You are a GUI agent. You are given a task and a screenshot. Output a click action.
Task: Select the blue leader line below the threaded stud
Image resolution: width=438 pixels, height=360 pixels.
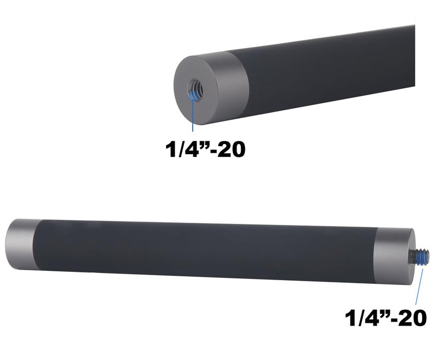coord(418,287)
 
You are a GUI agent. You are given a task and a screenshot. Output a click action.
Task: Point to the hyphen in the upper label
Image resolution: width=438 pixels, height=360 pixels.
coord(210,150)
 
